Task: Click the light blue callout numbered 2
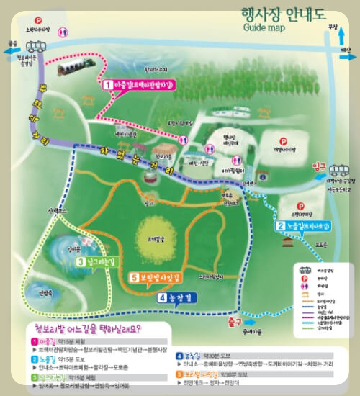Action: (x=303, y=226)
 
